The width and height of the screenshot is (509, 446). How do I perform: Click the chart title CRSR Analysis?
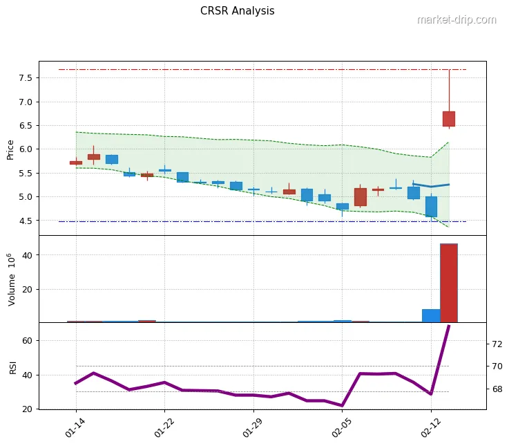(237, 11)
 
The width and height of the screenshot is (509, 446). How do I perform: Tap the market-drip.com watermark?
(457, 20)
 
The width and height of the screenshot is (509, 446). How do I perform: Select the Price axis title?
(10, 149)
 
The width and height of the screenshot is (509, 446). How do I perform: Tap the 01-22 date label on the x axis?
(164, 422)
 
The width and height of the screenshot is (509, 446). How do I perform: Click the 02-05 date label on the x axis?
(343, 422)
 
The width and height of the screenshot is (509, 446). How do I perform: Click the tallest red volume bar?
(449, 283)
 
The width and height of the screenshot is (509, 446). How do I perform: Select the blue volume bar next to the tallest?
(431, 315)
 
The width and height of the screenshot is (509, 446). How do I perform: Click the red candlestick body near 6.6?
(449, 119)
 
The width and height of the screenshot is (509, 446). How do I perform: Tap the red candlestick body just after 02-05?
(361, 197)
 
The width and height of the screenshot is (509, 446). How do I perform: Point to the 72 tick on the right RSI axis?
(496, 343)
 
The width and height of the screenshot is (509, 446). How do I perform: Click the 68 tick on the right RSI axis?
(496, 389)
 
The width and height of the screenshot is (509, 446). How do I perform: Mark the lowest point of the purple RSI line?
(343, 406)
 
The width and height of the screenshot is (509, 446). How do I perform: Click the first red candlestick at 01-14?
(76, 162)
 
